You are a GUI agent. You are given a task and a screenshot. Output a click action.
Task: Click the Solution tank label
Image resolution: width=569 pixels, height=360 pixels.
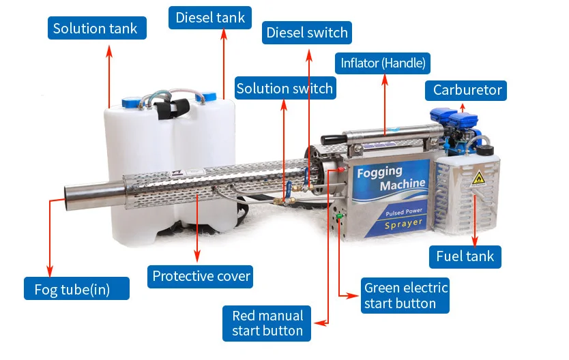(x=96, y=28)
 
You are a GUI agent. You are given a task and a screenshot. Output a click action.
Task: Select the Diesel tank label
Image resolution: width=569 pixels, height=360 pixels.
(x=210, y=17)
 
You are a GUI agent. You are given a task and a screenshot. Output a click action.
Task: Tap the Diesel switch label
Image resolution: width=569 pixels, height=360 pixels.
(x=307, y=32)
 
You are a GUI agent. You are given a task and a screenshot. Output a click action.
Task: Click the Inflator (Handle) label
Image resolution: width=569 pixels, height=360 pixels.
(x=383, y=63)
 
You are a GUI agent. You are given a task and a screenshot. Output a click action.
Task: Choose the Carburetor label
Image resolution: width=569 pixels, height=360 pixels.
(x=467, y=90)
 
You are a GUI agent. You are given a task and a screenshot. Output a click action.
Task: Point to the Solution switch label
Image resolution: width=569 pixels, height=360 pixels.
(x=284, y=88)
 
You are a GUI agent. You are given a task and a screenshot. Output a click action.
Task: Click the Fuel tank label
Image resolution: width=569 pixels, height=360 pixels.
(x=465, y=256)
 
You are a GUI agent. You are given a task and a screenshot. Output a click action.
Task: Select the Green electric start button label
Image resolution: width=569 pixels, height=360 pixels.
(x=405, y=295)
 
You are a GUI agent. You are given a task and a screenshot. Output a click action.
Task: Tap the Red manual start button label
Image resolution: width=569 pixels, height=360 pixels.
(x=267, y=322)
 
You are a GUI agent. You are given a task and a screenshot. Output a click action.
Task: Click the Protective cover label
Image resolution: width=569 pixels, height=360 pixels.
(x=201, y=276)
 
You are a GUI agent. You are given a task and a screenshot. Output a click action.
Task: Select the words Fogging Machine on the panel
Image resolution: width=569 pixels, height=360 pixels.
(x=392, y=178)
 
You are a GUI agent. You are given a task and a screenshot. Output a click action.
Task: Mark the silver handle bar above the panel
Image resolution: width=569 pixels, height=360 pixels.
(x=385, y=133)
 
